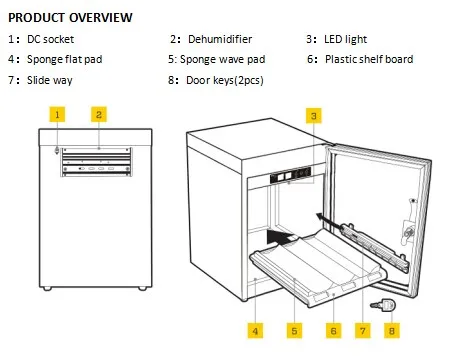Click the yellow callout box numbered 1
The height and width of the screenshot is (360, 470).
pos(57,114)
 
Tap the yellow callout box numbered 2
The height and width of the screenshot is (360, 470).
pos(99,114)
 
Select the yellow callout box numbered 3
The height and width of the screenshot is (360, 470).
pos(314,116)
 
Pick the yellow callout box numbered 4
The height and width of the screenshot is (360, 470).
pos(255,331)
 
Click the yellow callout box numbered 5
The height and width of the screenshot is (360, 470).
pos(294,331)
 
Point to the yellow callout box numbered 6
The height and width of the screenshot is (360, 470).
pos(333,331)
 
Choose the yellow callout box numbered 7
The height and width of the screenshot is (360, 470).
pos(363,331)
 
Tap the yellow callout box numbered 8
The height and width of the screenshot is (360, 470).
pos(392,331)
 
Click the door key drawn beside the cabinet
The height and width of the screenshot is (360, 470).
pos(383,304)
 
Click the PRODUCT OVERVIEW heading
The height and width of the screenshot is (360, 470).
pos(70,17)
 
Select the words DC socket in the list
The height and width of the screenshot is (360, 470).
pos(50,39)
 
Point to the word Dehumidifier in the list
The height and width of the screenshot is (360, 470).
pos(220,39)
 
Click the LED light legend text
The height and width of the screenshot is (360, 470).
pos(345,39)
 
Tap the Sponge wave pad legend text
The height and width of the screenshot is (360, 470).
pos(223,59)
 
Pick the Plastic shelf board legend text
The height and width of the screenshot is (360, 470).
pos(369,59)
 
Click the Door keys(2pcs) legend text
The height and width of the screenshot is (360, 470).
pos(225,80)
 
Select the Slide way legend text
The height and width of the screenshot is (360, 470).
pos(50,80)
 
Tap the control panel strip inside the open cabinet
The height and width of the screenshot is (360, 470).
pos(290,175)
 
